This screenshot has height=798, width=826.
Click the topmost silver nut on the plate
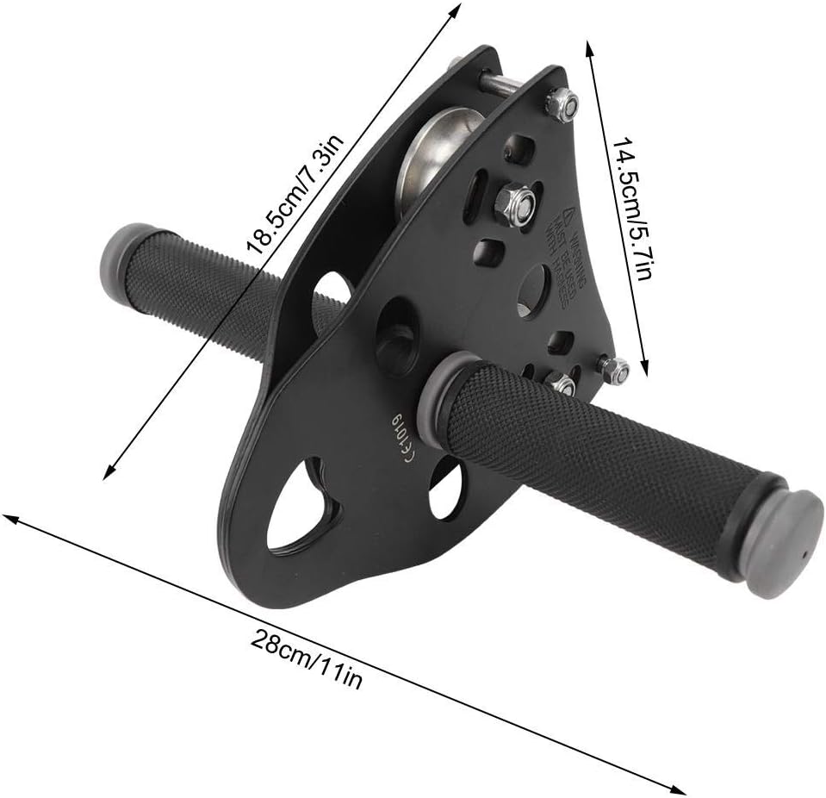(x=562, y=104)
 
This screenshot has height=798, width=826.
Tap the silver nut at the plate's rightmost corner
(x=613, y=370)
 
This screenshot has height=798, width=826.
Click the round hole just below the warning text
(x=532, y=290)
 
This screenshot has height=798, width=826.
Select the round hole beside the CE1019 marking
(x=445, y=487)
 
